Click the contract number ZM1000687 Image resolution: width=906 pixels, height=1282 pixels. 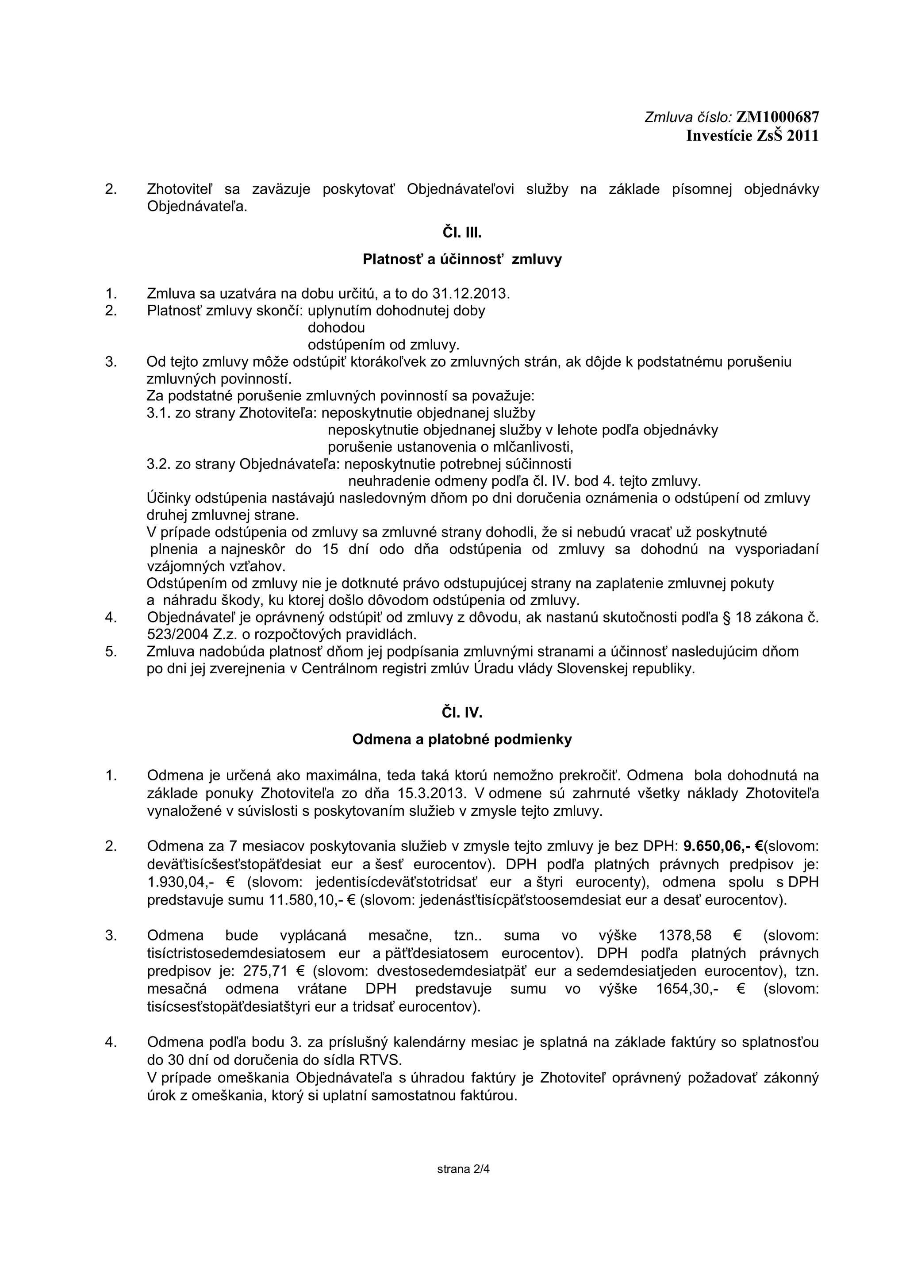coord(778,117)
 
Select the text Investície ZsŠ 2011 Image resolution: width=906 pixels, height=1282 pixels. coord(752,136)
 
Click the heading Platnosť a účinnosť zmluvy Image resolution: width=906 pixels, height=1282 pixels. coord(462,260)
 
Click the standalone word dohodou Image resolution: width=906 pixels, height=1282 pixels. coord(336,328)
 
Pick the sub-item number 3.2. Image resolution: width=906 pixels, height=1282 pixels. coord(158,464)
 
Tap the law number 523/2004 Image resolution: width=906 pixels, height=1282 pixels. coord(178,635)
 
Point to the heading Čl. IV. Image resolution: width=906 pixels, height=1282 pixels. coord(462,713)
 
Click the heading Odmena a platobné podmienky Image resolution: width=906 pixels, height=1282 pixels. coord(462,740)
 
